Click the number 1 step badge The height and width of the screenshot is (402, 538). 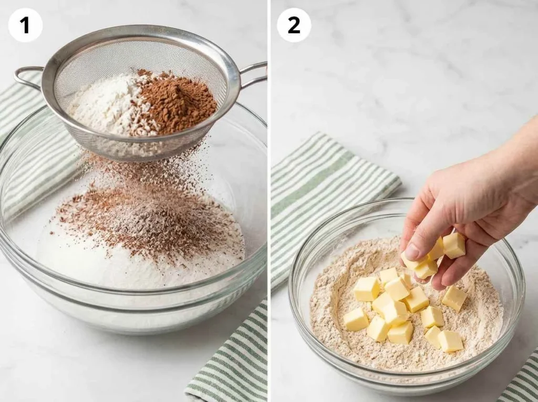click(25, 25)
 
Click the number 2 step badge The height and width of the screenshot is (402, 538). click(294, 25)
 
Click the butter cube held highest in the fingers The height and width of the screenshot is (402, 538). click(453, 245)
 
